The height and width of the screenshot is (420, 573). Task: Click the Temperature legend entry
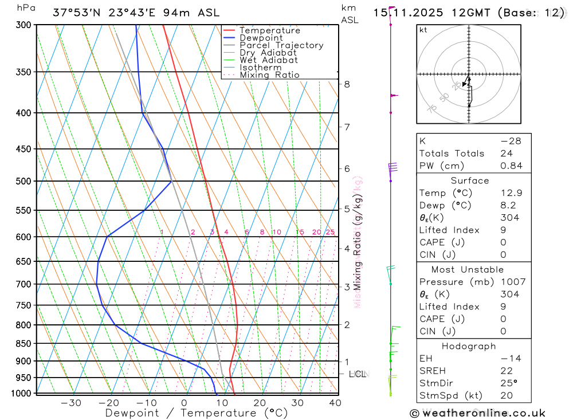pyautogui.click(x=269, y=30)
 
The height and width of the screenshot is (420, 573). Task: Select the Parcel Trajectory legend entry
pyautogui.click(x=281, y=45)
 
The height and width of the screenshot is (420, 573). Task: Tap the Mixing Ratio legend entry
pyautogui.click(x=269, y=75)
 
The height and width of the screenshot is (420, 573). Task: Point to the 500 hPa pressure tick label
pyautogui.click(x=25, y=181)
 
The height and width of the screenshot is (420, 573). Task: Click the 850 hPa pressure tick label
pyautogui.click(x=25, y=344)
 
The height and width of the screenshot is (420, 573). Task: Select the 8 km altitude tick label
pyautogui.click(x=347, y=84)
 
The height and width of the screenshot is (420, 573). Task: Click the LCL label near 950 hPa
pyautogui.click(x=358, y=374)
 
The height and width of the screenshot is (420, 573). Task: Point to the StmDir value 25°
pyautogui.click(x=508, y=383)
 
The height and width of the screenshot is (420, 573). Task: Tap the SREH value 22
pyautogui.click(x=506, y=371)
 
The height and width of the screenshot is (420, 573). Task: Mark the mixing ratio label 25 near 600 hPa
pyautogui.click(x=330, y=232)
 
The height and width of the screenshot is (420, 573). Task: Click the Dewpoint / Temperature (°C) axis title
pyautogui.click(x=196, y=413)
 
